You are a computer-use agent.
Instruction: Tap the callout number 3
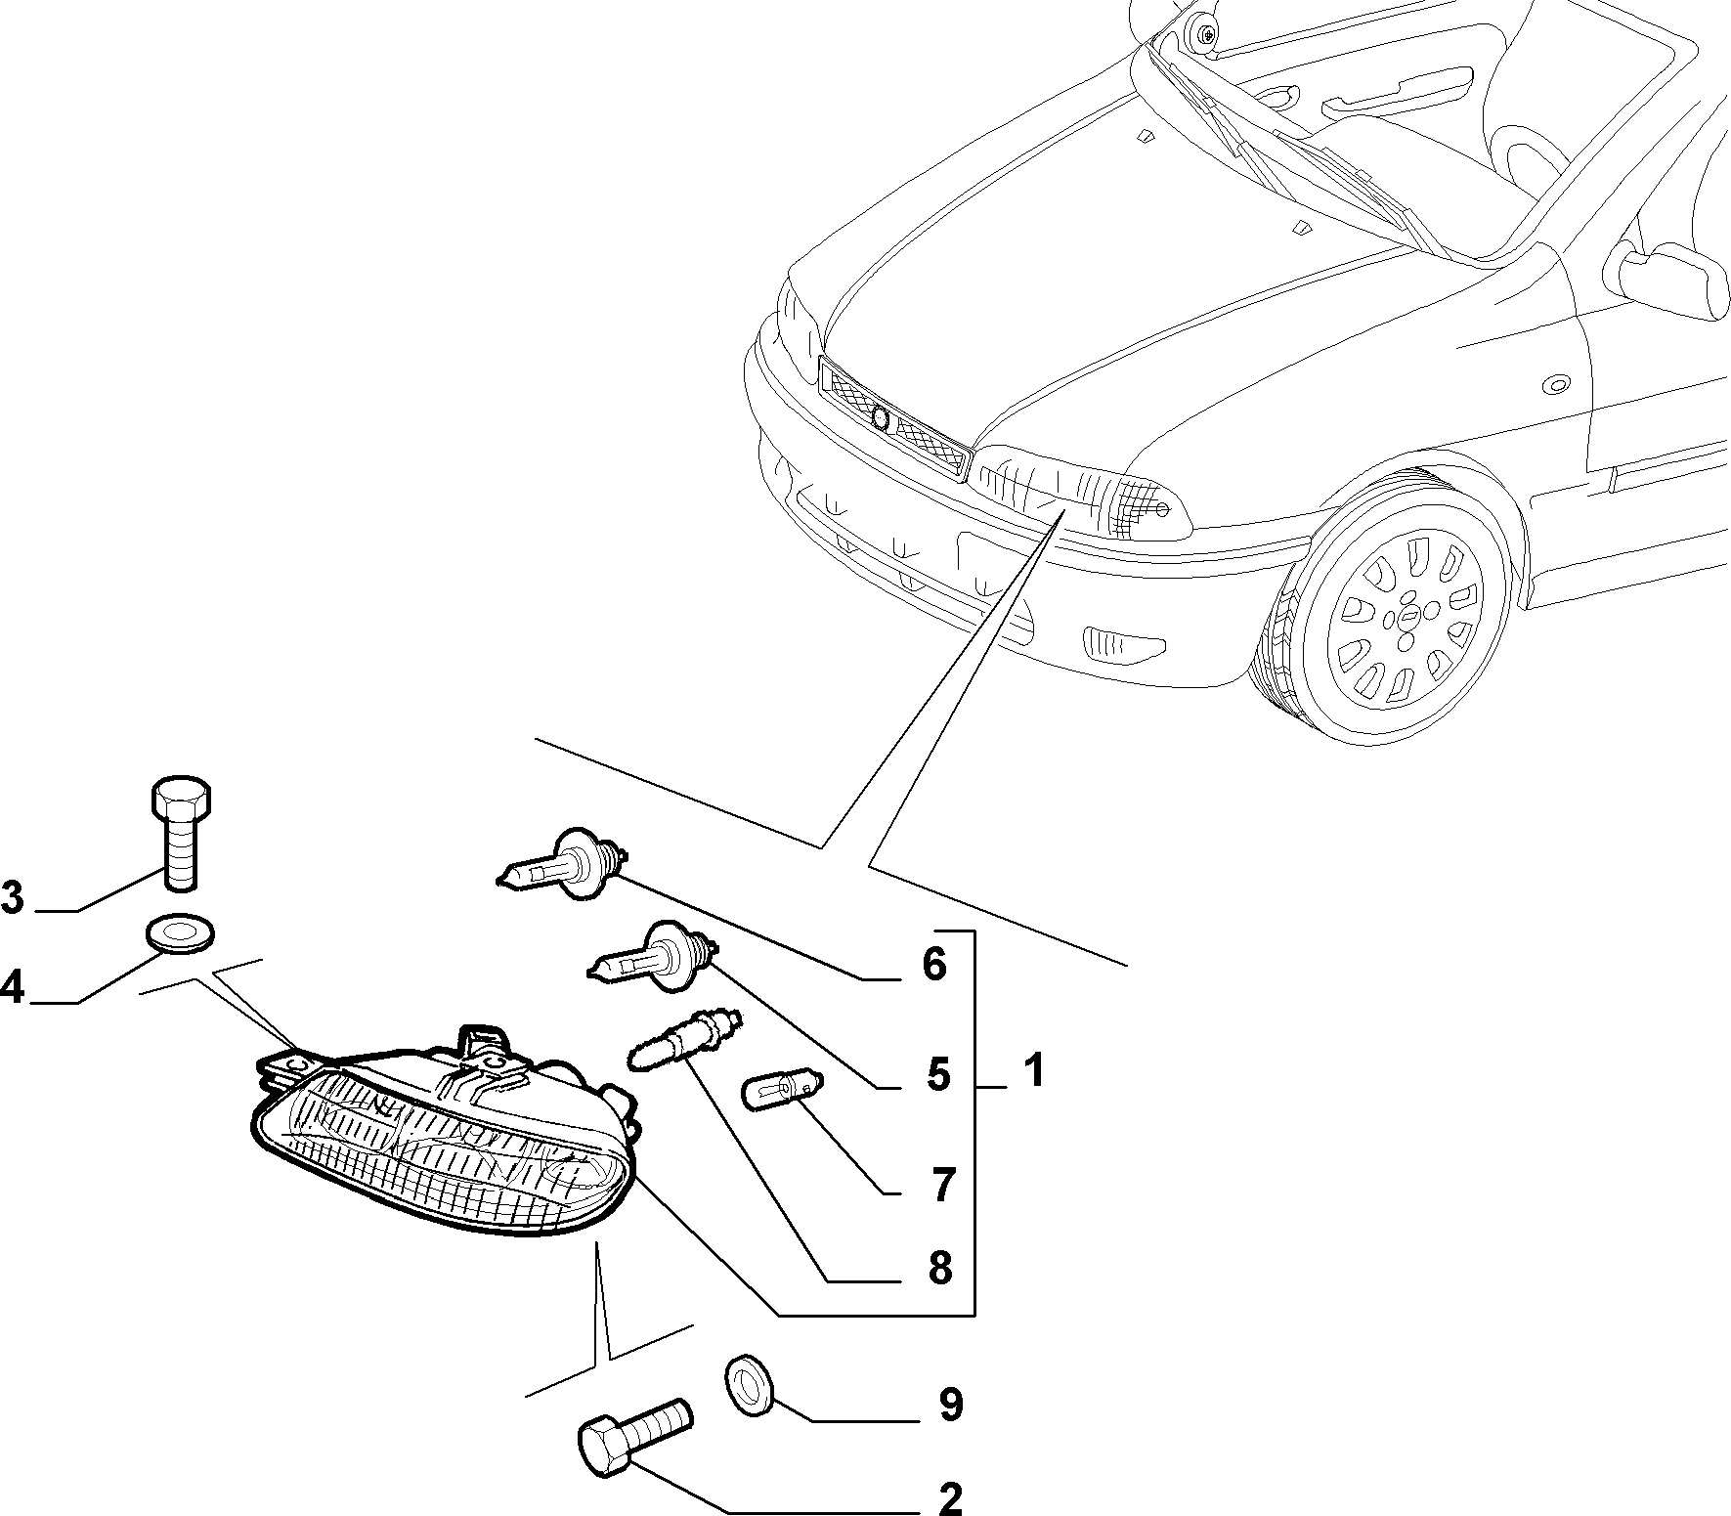pos(12,896)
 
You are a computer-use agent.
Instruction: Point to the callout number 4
pos(12,987)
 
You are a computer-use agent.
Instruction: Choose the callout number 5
pos(937,1075)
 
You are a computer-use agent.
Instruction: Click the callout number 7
pos(940,1185)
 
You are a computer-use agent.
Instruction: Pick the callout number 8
pos(939,1269)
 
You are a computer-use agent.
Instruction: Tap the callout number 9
pos(949,1405)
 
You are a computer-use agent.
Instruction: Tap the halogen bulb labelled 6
pos(564,859)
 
